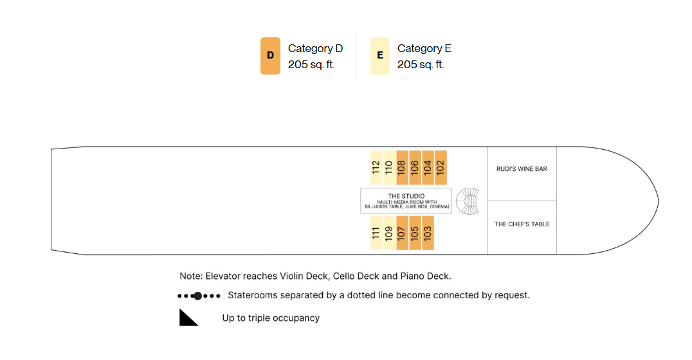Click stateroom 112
[x=376, y=168]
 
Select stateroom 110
[x=389, y=168]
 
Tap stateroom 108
[x=402, y=168]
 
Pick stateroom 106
[x=415, y=168]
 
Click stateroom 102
[x=441, y=168]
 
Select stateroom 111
[x=376, y=233]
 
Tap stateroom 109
[x=389, y=233]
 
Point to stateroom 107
[x=402, y=233]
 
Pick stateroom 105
[x=415, y=233]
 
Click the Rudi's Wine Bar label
[x=522, y=169]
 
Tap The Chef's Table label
[x=522, y=224]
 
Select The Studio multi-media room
[x=406, y=201]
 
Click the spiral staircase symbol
[x=468, y=201]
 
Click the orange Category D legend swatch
[x=270, y=56]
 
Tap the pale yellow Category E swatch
[x=380, y=56]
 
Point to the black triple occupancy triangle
[x=188, y=317]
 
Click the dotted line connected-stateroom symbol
[x=199, y=296]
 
